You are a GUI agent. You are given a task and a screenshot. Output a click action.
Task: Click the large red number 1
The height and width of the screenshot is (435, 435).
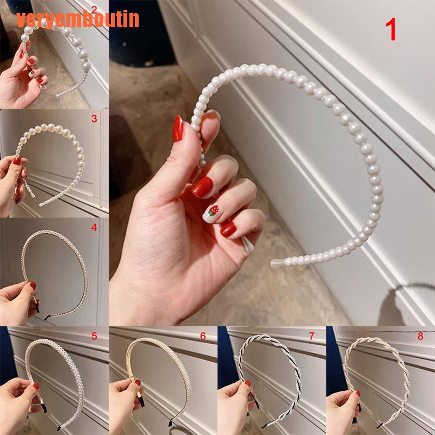pyautogui.click(x=391, y=30)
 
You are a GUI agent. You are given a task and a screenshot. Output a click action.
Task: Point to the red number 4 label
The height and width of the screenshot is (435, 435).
pyautogui.click(x=94, y=228)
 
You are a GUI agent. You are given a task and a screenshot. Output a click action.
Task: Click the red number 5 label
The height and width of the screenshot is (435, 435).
pyautogui.click(x=94, y=337)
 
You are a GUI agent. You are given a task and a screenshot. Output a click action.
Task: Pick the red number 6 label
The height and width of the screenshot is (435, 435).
pyautogui.click(x=203, y=337)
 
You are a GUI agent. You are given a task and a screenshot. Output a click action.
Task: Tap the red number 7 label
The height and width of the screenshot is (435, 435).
pyautogui.click(x=312, y=337)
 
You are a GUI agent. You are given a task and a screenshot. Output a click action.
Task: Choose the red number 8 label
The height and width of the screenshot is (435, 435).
pyautogui.click(x=420, y=337)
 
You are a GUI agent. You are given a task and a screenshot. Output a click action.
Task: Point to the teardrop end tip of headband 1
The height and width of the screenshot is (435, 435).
pyautogui.click(x=275, y=264)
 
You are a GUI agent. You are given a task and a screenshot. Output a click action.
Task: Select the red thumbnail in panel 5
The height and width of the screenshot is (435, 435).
pyautogui.click(x=35, y=387)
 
